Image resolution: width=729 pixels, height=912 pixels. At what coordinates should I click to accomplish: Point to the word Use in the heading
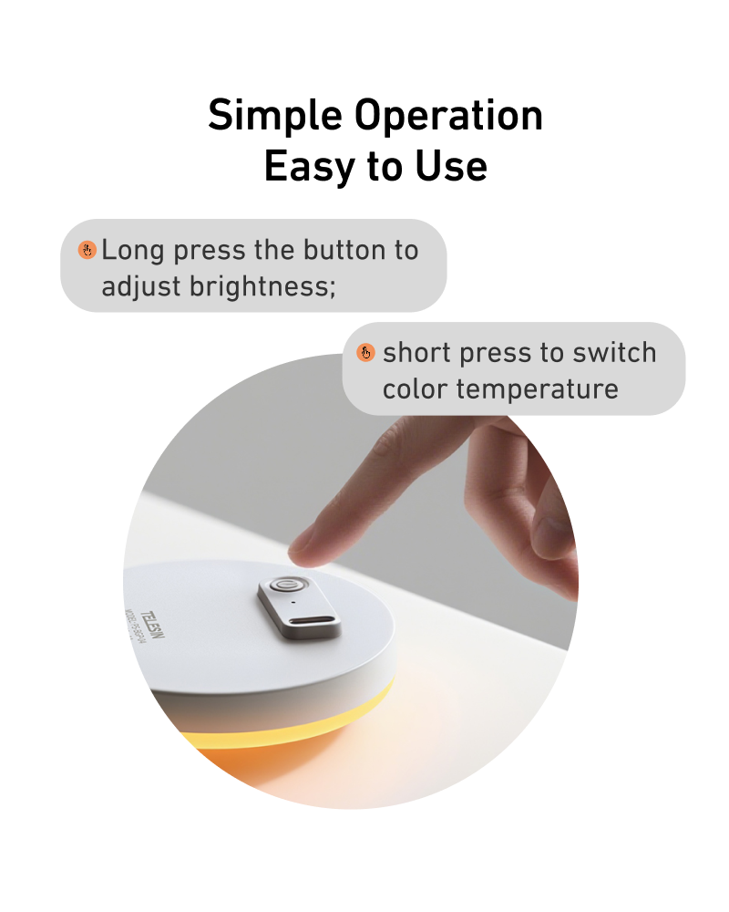[x=451, y=167]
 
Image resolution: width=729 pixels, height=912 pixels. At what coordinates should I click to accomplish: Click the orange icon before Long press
[x=87, y=249]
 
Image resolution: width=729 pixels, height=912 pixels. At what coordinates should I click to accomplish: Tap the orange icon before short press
[x=365, y=353]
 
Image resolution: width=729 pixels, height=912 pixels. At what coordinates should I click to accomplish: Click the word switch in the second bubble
[x=616, y=353]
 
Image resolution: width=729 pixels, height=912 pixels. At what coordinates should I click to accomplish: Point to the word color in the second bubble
[x=416, y=389]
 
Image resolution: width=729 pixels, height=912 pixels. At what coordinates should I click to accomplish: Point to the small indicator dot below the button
[x=293, y=603]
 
